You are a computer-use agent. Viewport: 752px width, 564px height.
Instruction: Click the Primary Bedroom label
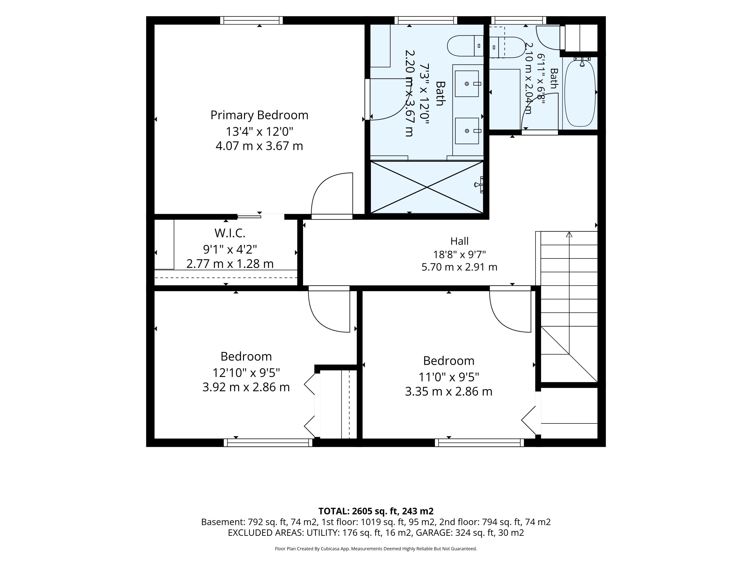click(x=259, y=115)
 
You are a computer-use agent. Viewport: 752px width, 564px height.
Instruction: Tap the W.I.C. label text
click(x=230, y=233)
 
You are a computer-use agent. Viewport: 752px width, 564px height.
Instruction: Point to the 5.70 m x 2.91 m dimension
click(x=459, y=267)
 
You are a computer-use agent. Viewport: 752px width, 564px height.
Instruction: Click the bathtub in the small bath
click(x=580, y=92)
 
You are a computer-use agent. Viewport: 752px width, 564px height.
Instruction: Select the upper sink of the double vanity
click(x=467, y=84)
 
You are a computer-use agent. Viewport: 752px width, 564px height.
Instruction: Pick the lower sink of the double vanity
click(x=467, y=131)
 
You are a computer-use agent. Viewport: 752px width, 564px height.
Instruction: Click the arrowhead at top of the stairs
click(x=569, y=234)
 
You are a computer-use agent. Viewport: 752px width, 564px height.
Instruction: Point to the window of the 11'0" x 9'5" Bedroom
click(x=479, y=443)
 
